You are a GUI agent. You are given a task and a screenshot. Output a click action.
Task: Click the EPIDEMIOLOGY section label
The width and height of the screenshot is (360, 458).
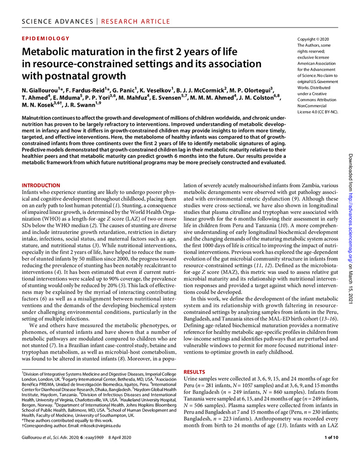tap(46, 39)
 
